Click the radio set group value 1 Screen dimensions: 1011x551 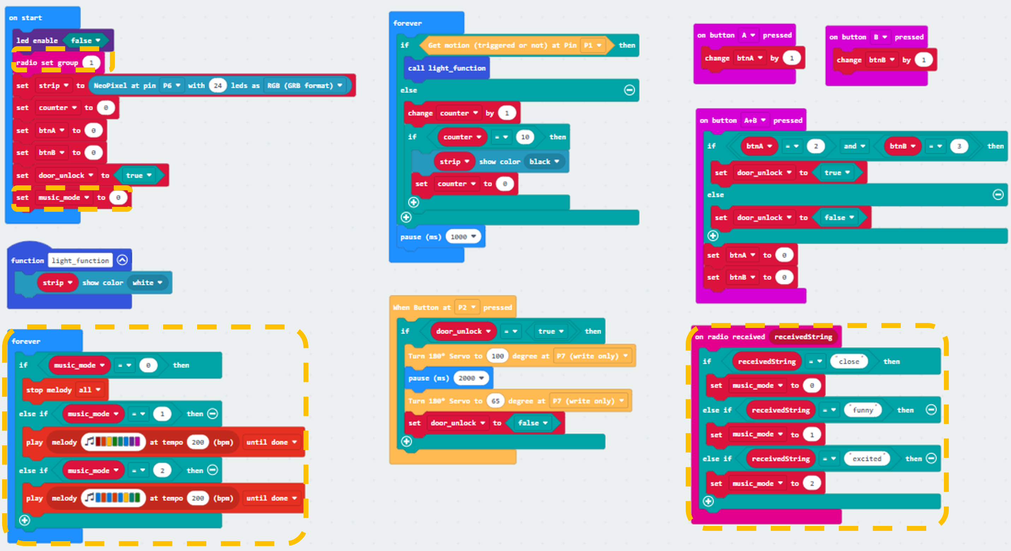[x=91, y=63]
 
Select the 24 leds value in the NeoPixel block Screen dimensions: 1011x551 [x=218, y=85]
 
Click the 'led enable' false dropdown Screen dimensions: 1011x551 [x=85, y=40]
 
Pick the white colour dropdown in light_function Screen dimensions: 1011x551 [x=147, y=282]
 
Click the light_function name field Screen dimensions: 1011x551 [x=81, y=260]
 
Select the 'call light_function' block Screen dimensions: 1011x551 [x=447, y=68]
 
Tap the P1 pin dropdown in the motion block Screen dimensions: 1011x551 [x=592, y=46]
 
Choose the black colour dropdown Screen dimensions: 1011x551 [x=544, y=162]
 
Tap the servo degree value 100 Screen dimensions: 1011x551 [x=498, y=356]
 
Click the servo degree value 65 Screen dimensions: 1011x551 [x=496, y=401]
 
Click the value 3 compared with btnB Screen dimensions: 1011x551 [x=959, y=146]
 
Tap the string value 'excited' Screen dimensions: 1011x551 [x=867, y=459]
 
